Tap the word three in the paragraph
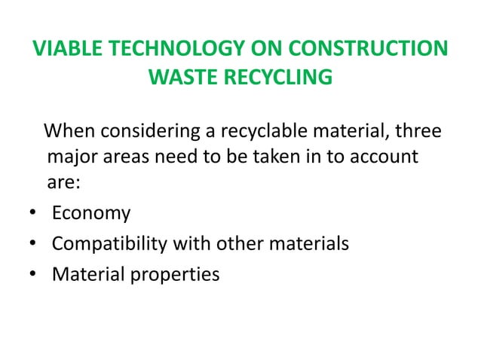tap(418, 135)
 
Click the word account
tap(378, 159)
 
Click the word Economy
tap(91, 214)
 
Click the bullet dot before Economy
tap(26, 214)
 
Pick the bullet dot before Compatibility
tap(26, 244)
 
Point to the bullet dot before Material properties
tap(26, 274)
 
